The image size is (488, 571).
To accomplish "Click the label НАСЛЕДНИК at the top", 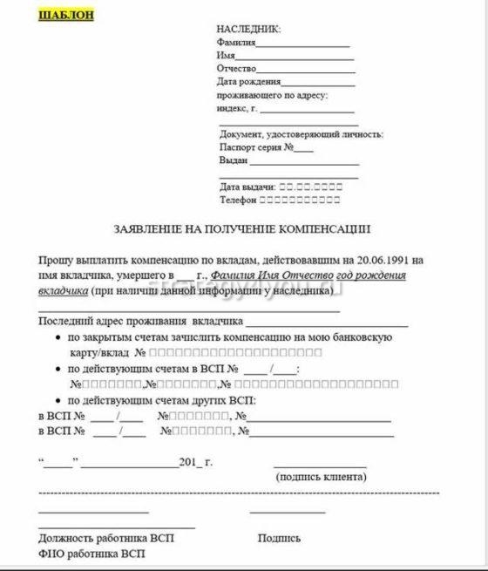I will [x=249, y=29].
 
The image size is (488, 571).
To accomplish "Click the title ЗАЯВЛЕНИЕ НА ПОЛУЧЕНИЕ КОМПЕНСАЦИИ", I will [x=242, y=229].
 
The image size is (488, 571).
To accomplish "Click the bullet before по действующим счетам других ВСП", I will [x=58, y=400].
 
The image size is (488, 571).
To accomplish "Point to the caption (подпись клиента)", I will [x=321, y=477].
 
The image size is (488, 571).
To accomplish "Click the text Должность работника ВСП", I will [x=106, y=539].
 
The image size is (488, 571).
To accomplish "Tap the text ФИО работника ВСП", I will [x=91, y=554].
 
